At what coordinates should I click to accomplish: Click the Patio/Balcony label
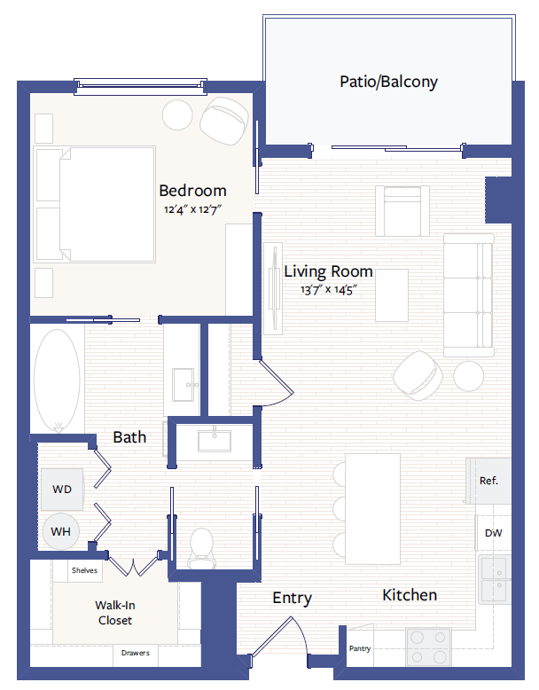click(x=388, y=82)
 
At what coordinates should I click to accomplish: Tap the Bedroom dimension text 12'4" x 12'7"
click(x=192, y=210)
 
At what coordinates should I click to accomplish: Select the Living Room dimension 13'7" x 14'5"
click(x=327, y=289)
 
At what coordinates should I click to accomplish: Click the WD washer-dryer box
click(x=61, y=490)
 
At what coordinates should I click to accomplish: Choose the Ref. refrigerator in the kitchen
click(x=488, y=481)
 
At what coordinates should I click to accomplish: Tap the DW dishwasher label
click(x=493, y=534)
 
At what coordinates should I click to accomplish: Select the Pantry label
click(x=360, y=648)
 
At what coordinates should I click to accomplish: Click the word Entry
click(x=292, y=599)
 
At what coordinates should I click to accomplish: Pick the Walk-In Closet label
click(x=114, y=613)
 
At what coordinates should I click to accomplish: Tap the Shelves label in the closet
click(x=84, y=570)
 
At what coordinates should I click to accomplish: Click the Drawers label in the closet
click(x=136, y=654)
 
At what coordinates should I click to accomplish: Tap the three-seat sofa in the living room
click(x=467, y=294)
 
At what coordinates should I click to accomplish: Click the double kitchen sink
click(x=494, y=577)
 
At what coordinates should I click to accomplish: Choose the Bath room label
click(x=129, y=437)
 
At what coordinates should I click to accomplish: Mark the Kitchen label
click(x=410, y=595)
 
